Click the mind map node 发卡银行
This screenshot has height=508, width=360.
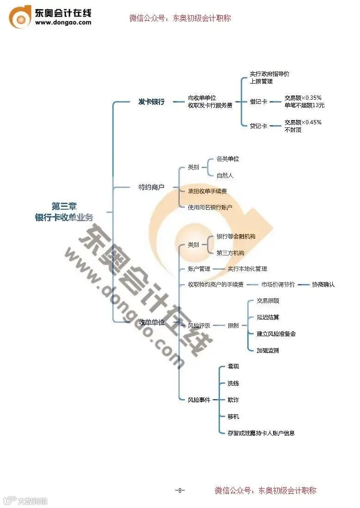(x=151, y=102)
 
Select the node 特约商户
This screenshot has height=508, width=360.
(x=152, y=187)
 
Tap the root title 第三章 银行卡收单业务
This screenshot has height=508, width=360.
(x=64, y=212)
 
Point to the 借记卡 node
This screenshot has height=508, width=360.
(x=258, y=102)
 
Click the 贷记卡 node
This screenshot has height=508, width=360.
(x=258, y=126)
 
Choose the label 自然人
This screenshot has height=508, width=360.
(x=225, y=175)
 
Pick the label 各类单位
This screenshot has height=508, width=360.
(x=228, y=159)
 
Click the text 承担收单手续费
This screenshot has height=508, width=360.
(x=207, y=191)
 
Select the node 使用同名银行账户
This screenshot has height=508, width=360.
(x=210, y=207)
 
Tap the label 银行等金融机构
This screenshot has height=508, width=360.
(x=236, y=236)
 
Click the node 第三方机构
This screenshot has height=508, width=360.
(x=230, y=253)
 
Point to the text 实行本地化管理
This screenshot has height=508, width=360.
(x=247, y=269)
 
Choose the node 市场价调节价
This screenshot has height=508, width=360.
(x=278, y=284)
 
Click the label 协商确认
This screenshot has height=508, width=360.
(x=323, y=284)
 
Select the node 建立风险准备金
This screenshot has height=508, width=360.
(x=276, y=333)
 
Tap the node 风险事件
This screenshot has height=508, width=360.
(x=199, y=400)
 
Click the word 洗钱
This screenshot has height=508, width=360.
(x=233, y=383)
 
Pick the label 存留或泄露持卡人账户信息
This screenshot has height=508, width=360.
(x=261, y=433)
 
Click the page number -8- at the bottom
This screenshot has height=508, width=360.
(x=180, y=490)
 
